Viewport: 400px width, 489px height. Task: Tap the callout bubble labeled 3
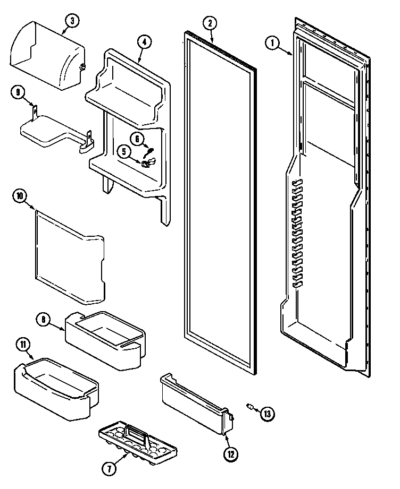pos(71,21)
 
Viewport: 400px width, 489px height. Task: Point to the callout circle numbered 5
pos(124,152)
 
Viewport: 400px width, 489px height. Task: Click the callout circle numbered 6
pos(137,140)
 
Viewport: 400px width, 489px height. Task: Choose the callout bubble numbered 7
pos(109,468)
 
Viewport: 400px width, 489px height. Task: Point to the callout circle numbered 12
pos(231,454)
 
